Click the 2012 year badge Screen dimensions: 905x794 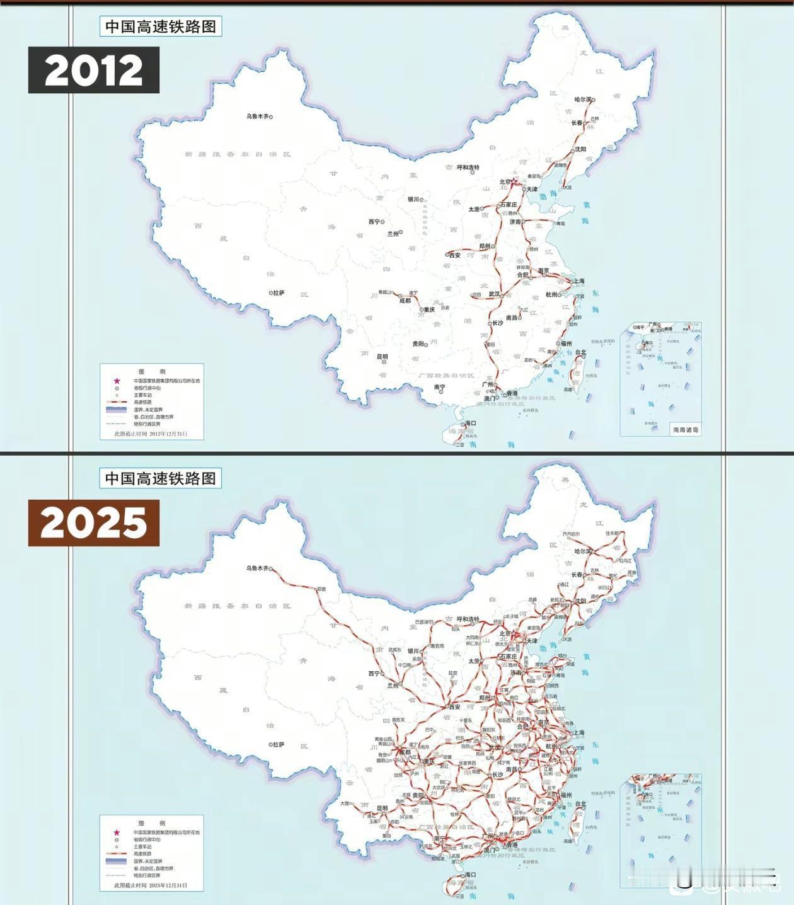point(93,71)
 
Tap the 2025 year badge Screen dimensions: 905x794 point(93,523)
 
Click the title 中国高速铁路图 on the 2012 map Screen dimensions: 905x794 point(160,26)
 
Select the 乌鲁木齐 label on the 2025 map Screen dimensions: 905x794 point(257,568)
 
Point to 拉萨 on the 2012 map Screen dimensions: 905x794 point(278,292)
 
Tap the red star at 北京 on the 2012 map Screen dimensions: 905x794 point(514,182)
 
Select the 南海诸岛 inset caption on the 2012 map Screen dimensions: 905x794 point(686,430)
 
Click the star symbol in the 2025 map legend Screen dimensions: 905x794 point(117,833)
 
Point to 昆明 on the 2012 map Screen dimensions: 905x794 point(382,357)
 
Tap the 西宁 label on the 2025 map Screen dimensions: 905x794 point(374,673)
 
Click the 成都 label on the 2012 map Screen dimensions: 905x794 point(405,301)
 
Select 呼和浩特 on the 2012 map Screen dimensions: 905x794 point(468,168)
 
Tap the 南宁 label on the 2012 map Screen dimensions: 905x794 point(439,388)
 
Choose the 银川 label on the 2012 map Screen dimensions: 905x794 point(413,199)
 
